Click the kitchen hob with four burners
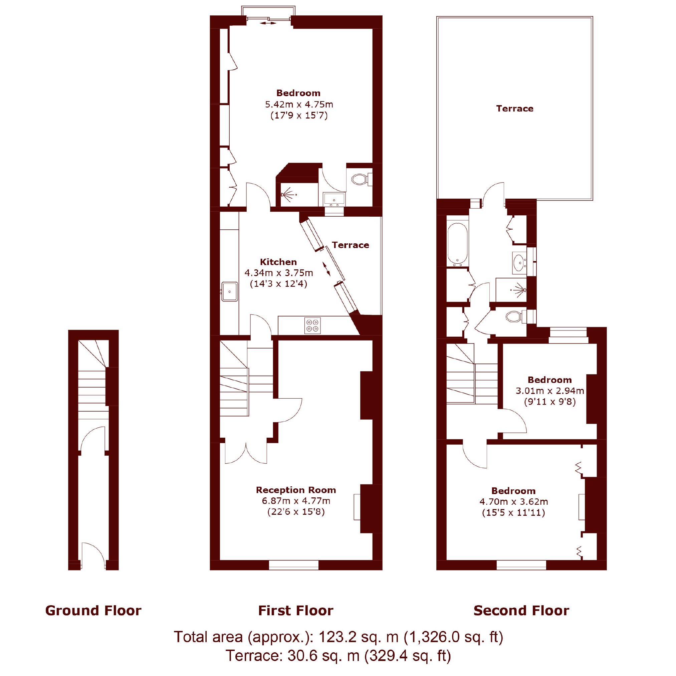(312, 325)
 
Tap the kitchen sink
(230, 291)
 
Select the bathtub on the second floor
(458, 243)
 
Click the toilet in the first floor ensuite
(361, 180)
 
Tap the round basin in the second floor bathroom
(519, 262)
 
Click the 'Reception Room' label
(296, 490)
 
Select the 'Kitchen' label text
(278, 262)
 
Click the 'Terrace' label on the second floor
(515, 108)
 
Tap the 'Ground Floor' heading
(93, 611)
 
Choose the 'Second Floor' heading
(521, 611)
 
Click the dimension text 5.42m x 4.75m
(299, 104)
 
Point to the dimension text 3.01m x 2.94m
(550, 391)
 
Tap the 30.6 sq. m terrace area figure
(324, 655)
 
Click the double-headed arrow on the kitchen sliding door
(326, 269)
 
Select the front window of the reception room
(293, 565)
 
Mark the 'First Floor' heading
(296, 611)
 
